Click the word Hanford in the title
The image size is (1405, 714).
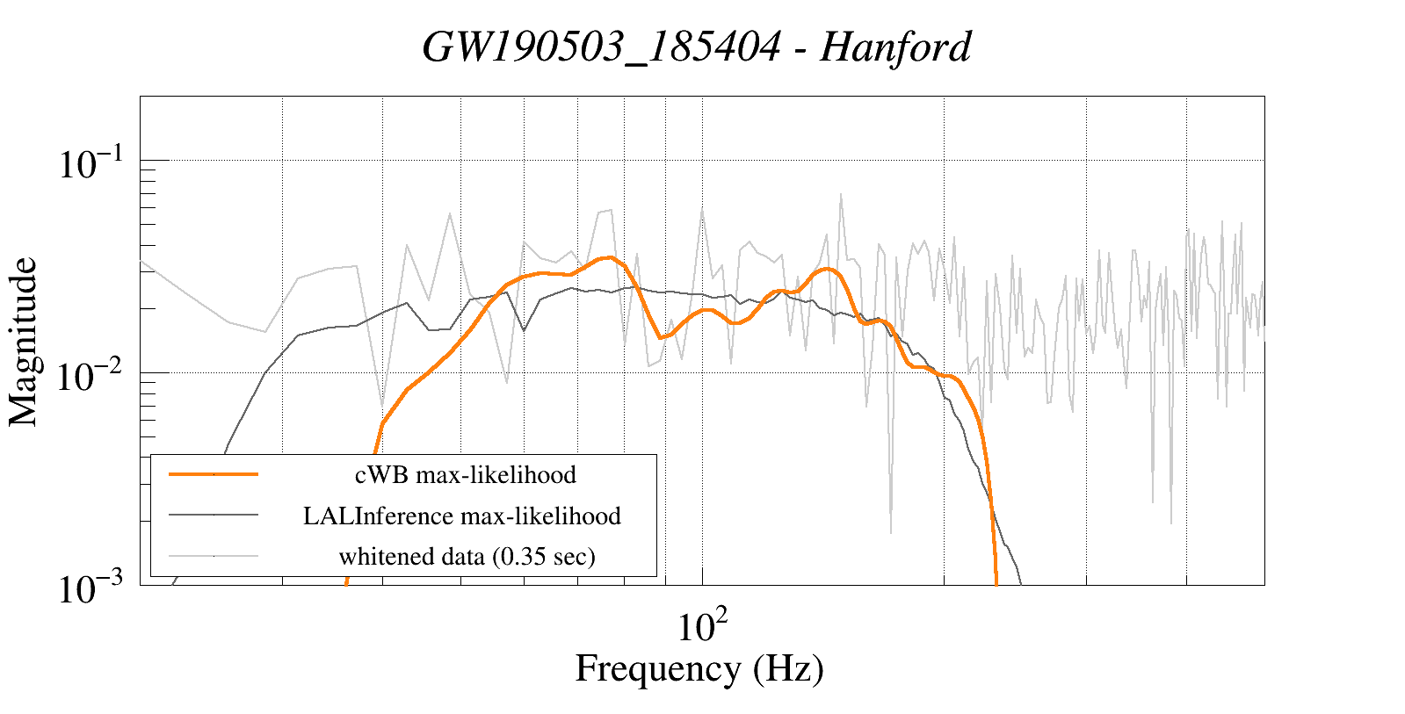(x=895, y=47)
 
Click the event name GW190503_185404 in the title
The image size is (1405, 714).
(x=601, y=47)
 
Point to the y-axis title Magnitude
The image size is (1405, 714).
(x=24, y=342)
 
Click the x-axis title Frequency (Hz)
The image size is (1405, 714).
(x=699, y=668)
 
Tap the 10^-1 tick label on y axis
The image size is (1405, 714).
(x=94, y=163)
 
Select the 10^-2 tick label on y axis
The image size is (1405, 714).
(x=94, y=376)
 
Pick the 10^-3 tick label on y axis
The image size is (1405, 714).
(x=94, y=588)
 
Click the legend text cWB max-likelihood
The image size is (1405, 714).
(x=465, y=475)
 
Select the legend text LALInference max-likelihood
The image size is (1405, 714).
(x=461, y=516)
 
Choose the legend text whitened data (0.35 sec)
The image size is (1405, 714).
(x=467, y=557)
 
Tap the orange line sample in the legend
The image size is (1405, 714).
(x=214, y=474)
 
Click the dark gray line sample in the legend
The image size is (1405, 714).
(x=214, y=515)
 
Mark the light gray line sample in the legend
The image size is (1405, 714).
(x=214, y=555)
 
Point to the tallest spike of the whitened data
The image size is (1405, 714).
(x=841, y=195)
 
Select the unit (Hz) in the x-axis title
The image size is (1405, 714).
(x=788, y=668)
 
